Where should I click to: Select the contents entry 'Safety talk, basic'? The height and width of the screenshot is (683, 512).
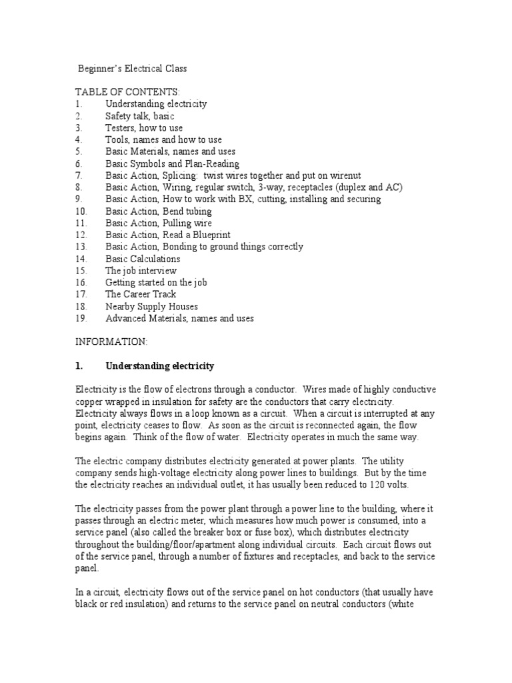139,116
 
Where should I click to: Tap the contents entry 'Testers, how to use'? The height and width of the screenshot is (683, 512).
143,128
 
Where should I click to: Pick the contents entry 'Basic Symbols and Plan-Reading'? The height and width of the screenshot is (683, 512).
172,163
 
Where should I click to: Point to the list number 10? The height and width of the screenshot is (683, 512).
81,211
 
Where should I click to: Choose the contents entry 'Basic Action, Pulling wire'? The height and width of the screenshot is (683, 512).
158,223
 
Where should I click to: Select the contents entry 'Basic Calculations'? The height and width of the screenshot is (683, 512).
143,259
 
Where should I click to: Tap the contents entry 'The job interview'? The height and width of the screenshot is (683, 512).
141,271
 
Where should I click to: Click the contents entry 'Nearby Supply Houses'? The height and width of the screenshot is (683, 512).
151,306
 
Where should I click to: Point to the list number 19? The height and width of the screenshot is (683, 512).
81,318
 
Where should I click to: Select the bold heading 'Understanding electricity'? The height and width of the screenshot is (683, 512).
159,366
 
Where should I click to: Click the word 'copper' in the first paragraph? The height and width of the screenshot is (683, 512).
90,402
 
